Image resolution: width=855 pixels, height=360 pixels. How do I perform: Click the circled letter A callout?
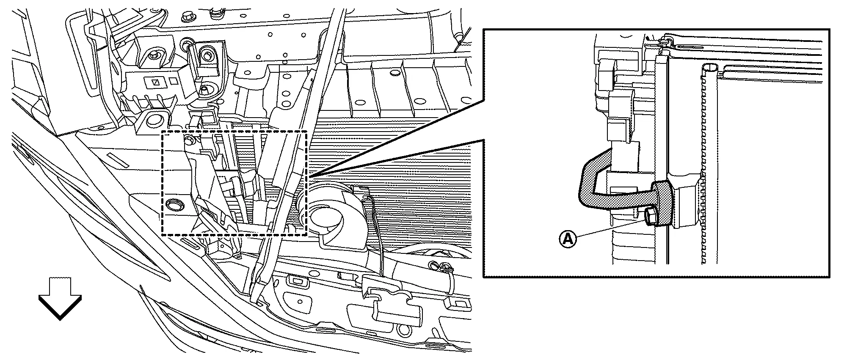coord(568,239)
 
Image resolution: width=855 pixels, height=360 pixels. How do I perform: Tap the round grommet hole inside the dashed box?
coord(175,205)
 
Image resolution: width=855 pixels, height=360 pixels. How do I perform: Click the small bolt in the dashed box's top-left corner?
coord(190,140)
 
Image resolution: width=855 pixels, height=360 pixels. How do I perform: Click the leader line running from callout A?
coord(610,229)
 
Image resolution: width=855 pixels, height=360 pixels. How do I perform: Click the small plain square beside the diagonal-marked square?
coord(174,80)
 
